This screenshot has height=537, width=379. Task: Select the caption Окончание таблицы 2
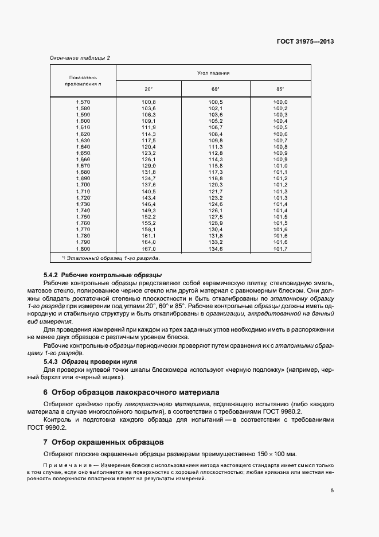coord(79,57)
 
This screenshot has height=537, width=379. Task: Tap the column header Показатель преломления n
coord(84,80)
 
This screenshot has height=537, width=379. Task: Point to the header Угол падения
coord(214,73)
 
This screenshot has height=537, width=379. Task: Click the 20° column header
coord(149,89)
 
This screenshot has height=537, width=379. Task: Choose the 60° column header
coord(214,89)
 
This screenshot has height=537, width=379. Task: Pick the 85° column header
coord(280,89)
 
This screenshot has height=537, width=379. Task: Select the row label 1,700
coord(83,185)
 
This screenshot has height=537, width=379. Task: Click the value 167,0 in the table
coord(149,250)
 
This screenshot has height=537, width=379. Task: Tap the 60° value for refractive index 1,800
coord(215,250)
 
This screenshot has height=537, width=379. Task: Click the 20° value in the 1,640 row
coord(149,147)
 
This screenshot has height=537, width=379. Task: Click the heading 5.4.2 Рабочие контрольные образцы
coord(103,275)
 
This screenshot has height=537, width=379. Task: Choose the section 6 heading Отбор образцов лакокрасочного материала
coord(131,393)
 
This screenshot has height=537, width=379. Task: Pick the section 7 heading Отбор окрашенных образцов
coord(103,442)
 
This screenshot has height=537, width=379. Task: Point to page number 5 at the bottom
coord(332,490)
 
